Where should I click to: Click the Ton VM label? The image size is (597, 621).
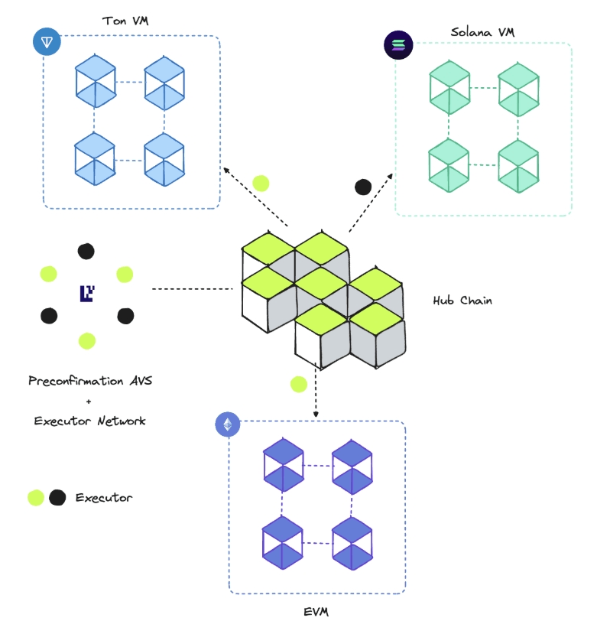[125, 20]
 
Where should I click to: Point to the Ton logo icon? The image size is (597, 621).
[47, 41]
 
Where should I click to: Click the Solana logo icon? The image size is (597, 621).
[397, 45]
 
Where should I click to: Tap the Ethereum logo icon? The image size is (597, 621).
[227, 424]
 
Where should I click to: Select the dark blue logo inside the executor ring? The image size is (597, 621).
[86, 292]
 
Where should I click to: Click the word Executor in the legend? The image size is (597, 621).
[103, 498]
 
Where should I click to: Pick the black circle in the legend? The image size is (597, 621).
[57, 498]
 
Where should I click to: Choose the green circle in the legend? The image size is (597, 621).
[35, 498]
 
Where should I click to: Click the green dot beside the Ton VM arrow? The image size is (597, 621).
[261, 183]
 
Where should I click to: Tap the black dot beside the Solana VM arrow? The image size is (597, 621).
[363, 186]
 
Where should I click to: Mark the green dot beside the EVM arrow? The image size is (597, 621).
[298, 384]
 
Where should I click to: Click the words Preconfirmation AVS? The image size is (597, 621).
[90, 381]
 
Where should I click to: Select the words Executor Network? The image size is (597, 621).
[89, 421]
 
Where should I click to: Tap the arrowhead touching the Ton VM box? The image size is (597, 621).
[226, 169]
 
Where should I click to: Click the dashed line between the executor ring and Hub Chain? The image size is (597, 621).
[193, 289]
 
